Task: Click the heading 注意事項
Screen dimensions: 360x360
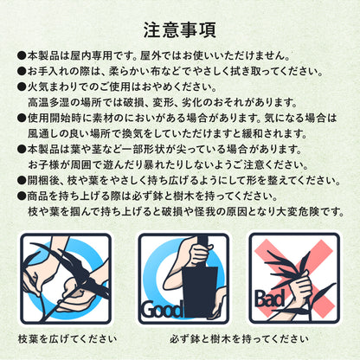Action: [x=180, y=30]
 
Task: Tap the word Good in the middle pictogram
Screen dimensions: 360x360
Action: [x=161, y=310]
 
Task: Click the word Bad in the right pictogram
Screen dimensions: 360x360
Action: [x=269, y=299]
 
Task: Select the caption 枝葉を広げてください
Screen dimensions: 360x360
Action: [x=67, y=338]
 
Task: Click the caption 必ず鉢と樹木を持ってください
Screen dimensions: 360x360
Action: [x=239, y=338]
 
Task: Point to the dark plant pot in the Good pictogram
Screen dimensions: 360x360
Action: [x=200, y=291]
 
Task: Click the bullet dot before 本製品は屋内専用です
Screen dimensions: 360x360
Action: [x=22, y=55]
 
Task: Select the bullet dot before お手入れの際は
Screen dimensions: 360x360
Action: [x=22, y=71]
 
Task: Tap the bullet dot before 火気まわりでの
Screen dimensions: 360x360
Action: [x=22, y=87]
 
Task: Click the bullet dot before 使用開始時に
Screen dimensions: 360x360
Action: [x=22, y=118]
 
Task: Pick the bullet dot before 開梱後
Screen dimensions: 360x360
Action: [x=22, y=181]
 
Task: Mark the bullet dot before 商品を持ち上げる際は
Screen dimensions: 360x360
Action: [x=22, y=196]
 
